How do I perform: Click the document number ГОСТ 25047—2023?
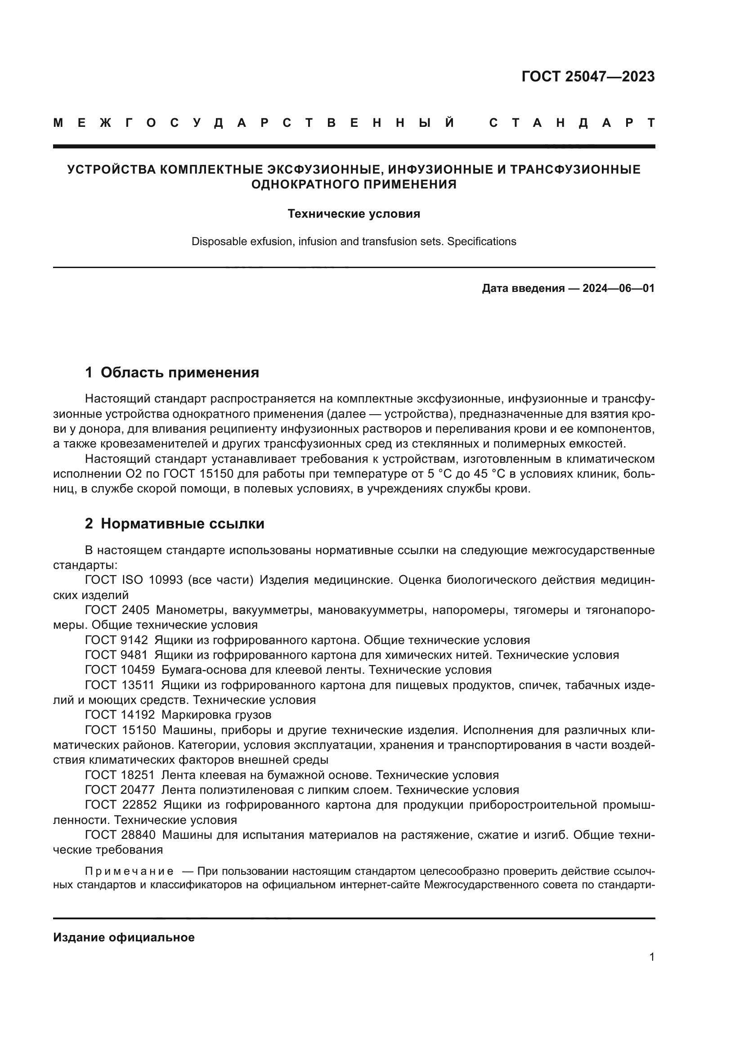[588, 76]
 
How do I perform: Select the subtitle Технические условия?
[354, 214]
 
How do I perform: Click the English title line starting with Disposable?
[354, 242]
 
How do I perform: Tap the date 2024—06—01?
[619, 288]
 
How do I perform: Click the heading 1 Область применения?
[172, 372]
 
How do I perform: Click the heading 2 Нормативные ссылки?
[175, 523]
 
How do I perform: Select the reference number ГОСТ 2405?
[117, 610]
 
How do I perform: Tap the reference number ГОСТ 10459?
[120, 670]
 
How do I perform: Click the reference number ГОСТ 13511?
[120, 685]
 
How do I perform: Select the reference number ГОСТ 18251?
[120, 775]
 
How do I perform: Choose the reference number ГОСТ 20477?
[120, 790]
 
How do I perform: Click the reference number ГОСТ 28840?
[120, 835]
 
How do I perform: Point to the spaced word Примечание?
[129, 871]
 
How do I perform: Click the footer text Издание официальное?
[124, 937]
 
